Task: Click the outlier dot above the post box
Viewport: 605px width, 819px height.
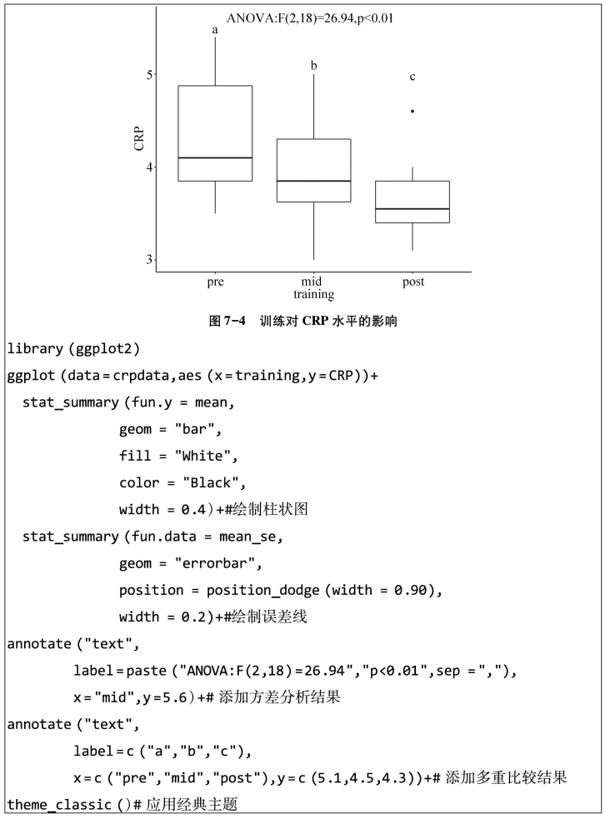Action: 412,111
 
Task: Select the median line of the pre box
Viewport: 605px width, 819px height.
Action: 216,157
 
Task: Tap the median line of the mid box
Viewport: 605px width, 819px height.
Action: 313,181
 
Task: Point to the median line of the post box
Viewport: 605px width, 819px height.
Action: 412,209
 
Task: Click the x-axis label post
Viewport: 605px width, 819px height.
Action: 412,282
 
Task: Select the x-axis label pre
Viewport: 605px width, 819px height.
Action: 216,282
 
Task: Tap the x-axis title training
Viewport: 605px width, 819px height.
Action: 313,295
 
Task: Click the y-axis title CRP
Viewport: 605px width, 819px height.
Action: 138,138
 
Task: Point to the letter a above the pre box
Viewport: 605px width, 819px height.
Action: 215,31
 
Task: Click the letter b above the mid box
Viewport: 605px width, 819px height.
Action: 314,65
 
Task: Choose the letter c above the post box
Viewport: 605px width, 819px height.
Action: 412,77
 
